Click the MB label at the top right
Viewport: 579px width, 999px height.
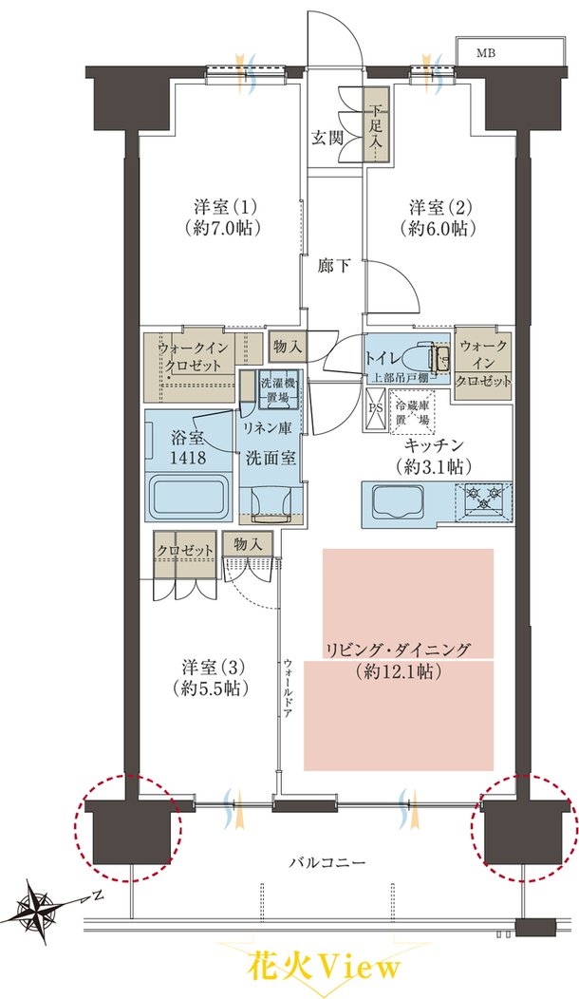[486, 53]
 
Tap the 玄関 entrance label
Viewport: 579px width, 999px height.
[328, 138]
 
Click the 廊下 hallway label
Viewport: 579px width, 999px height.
[334, 266]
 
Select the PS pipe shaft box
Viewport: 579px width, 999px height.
[375, 407]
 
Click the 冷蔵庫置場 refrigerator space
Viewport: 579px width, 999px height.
[413, 411]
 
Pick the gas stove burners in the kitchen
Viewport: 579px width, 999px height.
[483, 498]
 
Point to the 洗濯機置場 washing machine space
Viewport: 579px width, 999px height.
[279, 390]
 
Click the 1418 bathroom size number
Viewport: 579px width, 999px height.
[188, 457]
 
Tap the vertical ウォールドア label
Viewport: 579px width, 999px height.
[288, 688]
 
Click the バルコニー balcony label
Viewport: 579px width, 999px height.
[327, 862]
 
